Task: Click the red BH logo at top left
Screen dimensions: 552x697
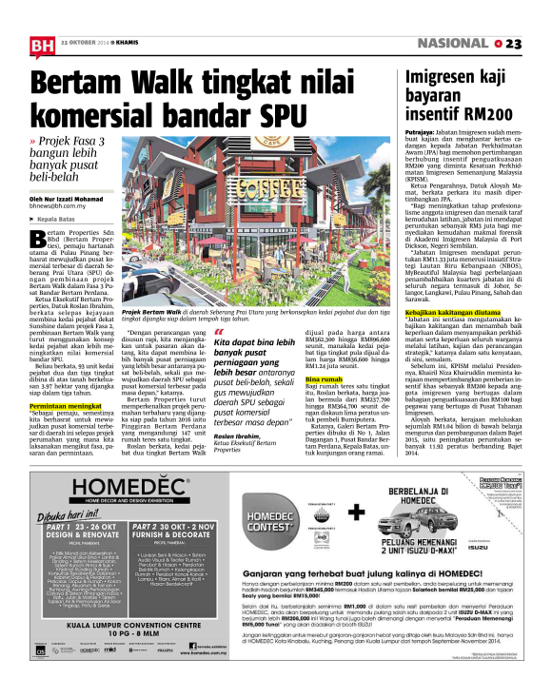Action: [41, 45]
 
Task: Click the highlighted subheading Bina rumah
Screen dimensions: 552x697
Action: [324, 352]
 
